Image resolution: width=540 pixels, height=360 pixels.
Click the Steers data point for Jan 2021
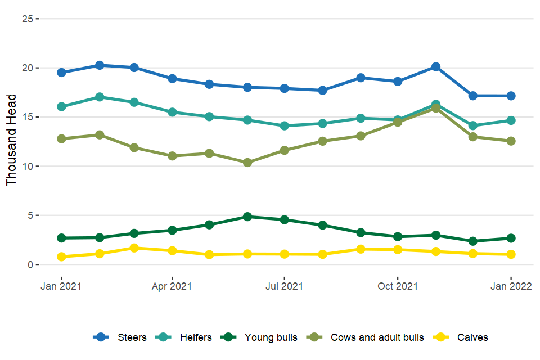pos(61,73)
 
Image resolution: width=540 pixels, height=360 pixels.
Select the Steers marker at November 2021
pos(435,67)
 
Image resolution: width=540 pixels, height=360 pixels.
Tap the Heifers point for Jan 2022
pos(511,120)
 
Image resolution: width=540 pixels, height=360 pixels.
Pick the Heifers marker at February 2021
pos(100,97)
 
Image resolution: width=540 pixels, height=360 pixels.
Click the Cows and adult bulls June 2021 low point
pos(247,163)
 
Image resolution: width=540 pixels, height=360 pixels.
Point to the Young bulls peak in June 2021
pos(247,217)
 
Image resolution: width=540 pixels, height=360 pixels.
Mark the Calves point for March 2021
pos(134,248)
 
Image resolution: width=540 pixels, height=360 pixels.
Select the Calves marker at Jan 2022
pos(511,254)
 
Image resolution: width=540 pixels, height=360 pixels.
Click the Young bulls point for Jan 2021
pos(61,238)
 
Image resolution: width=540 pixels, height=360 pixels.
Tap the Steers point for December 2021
pos(473,96)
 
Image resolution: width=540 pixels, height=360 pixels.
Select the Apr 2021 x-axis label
pos(172,286)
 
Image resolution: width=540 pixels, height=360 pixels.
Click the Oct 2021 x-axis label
pos(397,286)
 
